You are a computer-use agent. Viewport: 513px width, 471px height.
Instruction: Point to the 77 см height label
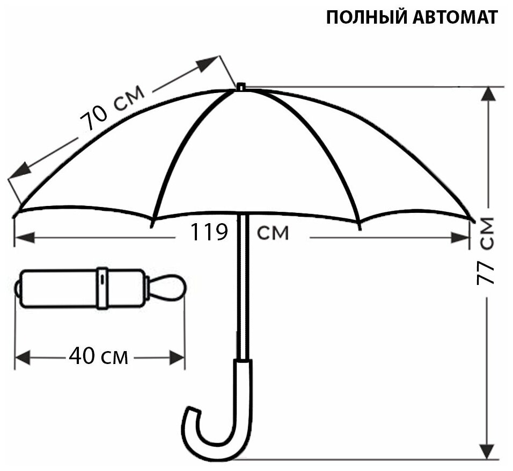click(x=486, y=250)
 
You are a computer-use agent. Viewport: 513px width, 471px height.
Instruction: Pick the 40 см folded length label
click(x=99, y=356)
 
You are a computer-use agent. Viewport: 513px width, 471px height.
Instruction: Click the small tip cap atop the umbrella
click(x=241, y=87)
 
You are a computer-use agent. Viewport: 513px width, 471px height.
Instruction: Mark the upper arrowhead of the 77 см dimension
click(x=487, y=95)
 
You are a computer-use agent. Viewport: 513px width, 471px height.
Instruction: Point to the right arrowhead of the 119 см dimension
click(x=461, y=237)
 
